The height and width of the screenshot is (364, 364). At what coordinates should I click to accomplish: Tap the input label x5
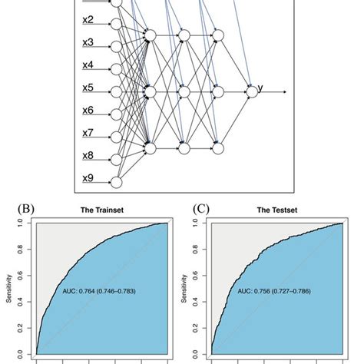point(88,88)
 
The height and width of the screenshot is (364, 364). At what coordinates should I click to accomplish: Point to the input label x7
point(88,134)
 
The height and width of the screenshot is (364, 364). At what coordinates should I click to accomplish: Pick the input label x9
point(88,179)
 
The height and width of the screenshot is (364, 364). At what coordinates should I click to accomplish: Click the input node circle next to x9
point(116,182)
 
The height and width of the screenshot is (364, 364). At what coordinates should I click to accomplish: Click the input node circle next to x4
point(116,68)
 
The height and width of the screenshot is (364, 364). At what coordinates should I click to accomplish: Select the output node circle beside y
point(251,91)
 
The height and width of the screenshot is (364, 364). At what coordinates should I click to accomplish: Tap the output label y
point(260,88)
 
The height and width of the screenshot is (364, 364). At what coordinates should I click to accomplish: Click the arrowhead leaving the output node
point(285,91)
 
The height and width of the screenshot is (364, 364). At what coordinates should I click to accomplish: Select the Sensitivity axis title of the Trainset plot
point(10,289)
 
